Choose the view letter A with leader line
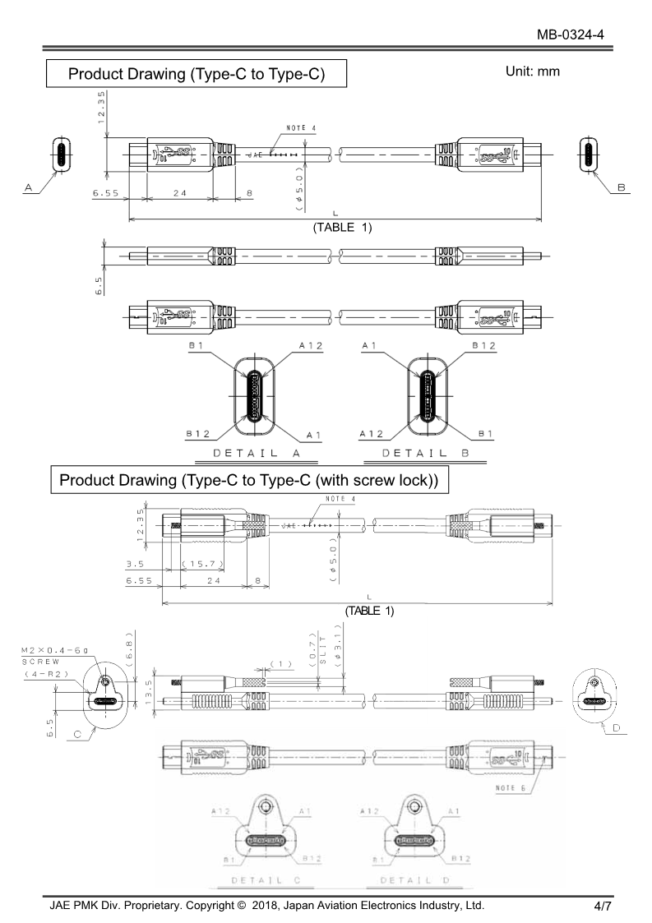(29, 188)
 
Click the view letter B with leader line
(622, 188)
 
